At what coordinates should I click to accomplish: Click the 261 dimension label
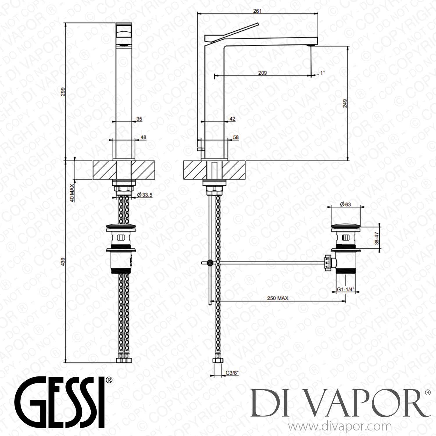(x=257, y=11)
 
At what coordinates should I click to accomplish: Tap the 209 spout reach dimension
(x=262, y=73)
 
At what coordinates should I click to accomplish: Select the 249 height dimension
(x=345, y=103)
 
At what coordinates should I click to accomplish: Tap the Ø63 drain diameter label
(x=346, y=204)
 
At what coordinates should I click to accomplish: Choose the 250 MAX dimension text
(x=277, y=298)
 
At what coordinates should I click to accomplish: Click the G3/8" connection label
(x=231, y=372)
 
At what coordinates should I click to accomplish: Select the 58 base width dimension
(x=236, y=137)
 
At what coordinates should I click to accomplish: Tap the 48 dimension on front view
(x=143, y=137)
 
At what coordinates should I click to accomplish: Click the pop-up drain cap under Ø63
(x=346, y=225)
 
